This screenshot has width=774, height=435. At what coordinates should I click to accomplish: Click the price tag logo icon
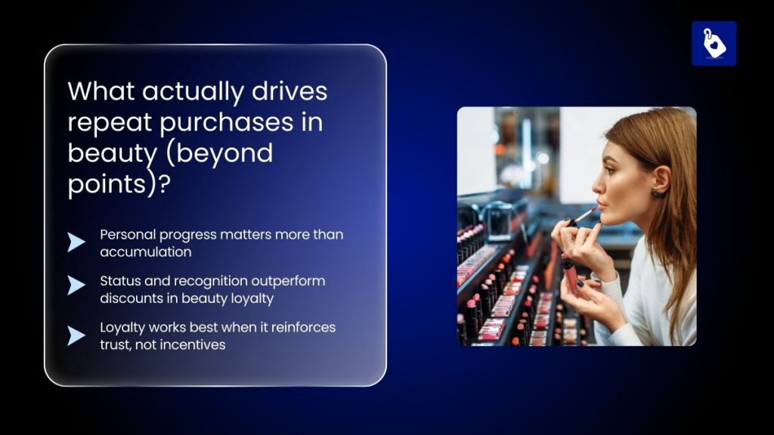coord(714,43)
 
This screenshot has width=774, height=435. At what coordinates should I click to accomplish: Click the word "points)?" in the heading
coord(117,184)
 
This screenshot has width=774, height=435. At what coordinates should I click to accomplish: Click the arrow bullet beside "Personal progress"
coord(76,242)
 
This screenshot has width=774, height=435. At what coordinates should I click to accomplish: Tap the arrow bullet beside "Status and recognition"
coord(76,285)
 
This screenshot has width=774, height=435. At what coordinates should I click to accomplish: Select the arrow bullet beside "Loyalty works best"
coord(76,335)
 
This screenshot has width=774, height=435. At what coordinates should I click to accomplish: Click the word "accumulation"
coord(145,251)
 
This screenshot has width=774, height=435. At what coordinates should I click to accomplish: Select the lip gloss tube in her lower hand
coord(569,272)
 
